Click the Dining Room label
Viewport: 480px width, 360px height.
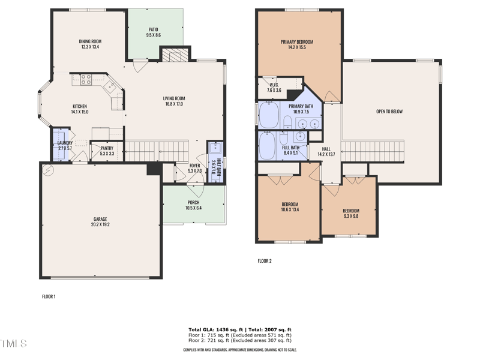pyautogui.click(x=89, y=41)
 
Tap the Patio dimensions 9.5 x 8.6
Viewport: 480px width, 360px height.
pyautogui.click(x=154, y=36)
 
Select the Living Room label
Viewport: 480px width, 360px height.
pyautogui.click(x=174, y=98)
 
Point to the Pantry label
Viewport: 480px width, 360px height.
pyautogui.click(x=107, y=148)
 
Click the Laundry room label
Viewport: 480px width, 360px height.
pyautogui.click(x=65, y=143)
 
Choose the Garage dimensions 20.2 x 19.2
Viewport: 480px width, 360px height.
pyautogui.click(x=100, y=225)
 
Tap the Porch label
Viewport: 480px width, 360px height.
pyautogui.click(x=193, y=202)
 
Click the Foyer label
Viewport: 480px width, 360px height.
pyautogui.click(x=194, y=165)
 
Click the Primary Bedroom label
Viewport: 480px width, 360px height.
pyautogui.click(x=297, y=42)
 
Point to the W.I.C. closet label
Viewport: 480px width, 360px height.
pyautogui.click(x=274, y=85)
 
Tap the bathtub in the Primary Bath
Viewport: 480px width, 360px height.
pyautogui.click(x=269, y=115)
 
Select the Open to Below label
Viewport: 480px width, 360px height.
pyautogui.click(x=389, y=112)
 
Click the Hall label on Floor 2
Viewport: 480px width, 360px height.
pyautogui.click(x=326, y=149)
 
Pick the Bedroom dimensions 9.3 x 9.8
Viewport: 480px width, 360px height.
pyautogui.click(x=350, y=217)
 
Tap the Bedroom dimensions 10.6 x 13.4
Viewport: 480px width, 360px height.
pyautogui.click(x=290, y=210)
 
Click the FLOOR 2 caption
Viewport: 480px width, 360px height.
pyautogui.click(x=265, y=261)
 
